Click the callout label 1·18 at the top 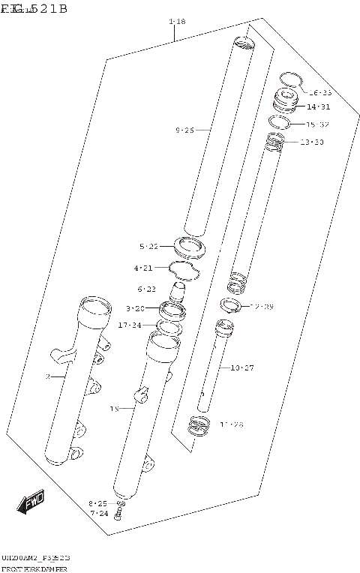[x=177, y=21]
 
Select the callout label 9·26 [x=184, y=130]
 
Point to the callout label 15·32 [x=317, y=124]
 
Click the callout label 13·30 [x=312, y=142]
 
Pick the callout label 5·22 [x=148, y=246]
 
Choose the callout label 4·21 [x=143, y=268]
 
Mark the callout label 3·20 [x=135, y=308]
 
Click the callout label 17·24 [x=129, y=325]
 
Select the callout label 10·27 [x=242, y=367]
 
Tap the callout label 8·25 [x=98, y=503]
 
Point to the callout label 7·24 [x=99, y=514]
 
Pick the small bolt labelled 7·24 [x=119, y=517]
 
